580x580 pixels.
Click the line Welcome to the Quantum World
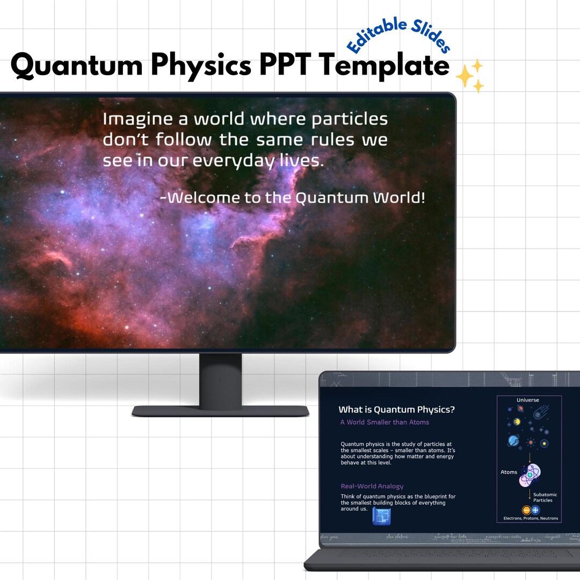click(x=293, y=198)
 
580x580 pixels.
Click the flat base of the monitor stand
click(x=220, y=411)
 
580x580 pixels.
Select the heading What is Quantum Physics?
click(x=397, y=410)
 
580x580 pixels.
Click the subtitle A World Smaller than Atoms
click(x=385, y=422)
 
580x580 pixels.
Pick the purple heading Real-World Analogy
click(x=372, y=486)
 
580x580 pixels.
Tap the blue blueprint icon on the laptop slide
click(x=381, y=516)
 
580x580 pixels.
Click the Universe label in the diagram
click(x=527, y=400)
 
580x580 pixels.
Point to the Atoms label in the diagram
click(x=509, y=473)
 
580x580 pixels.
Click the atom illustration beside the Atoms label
click(x=530, y=475)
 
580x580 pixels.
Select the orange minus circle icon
click(x=526, y=510)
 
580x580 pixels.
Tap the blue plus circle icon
click(x=535, y=510)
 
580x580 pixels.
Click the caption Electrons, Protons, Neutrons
click(x=531, y=519)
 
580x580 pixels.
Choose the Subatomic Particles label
click(x=545, y=497)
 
